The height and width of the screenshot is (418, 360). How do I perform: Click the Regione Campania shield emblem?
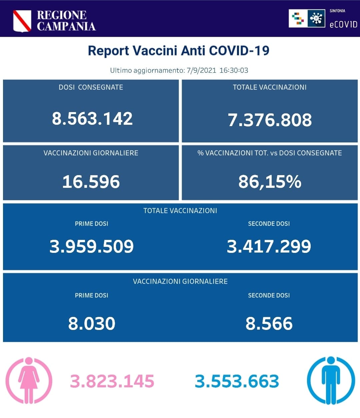pyautogui.click(x=22, y=21)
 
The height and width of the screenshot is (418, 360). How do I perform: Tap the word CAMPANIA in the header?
pyautogui.click(x=66, y=26)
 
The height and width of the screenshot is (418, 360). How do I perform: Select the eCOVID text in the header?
pyautogui.click(x=343, y=24)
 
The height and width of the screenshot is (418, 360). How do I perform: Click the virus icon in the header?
pyautogui.click(x=316, y=18)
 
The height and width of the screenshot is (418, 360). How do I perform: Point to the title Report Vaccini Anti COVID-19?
pyautogui.click(x=179, y=51)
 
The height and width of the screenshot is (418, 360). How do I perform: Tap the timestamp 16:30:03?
pyautogui.click(x=234, y=70)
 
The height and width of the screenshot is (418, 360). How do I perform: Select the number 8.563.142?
pyautogui.click(x=92, y=119)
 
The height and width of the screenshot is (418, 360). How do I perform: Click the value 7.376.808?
pyautogui.click(x=270, y=120)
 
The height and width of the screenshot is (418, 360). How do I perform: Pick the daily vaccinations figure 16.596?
pyautogui.click(x=91, y=182)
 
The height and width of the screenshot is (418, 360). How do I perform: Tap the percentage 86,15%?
pyautogui.click(x=270, y=182)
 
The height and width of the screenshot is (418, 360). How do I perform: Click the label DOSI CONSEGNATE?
pyautogui.click(x=91, y=87)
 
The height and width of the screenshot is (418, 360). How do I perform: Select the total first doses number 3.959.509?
pyautogui.click(x=92, y=246)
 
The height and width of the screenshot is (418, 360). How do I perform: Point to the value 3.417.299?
pyautogui.click(x=269, y=246)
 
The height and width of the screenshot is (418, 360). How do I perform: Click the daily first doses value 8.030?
pyautogui.click(x=92, y=324)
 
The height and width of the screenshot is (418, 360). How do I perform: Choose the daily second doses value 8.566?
pyautogui.click(x=269, y=324)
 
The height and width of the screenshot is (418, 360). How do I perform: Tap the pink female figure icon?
pyautogui.click(x=29, y=380)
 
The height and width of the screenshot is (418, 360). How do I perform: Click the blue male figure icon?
pyautogui.click(x=331, y=380)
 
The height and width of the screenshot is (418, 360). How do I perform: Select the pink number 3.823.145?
pyautogui.click(x=112, y=381)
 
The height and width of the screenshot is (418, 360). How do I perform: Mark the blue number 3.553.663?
pyautogui.click(x=237, y=381)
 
